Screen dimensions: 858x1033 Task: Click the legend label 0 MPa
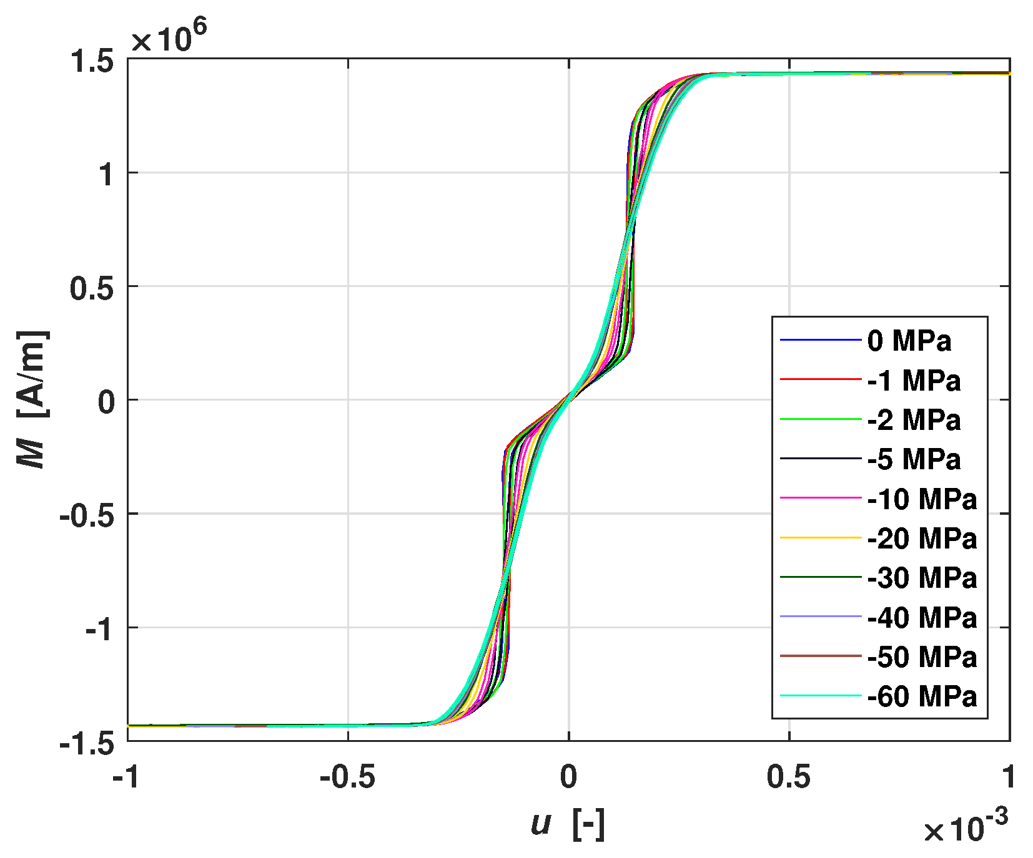(909, 341)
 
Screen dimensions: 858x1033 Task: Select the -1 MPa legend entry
(914, 381)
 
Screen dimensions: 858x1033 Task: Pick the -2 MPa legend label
(914, 420)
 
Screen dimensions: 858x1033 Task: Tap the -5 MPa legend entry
(914, 459)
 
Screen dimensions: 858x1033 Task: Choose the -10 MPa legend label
(922, 499)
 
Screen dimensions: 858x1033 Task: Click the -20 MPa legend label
(922, 539)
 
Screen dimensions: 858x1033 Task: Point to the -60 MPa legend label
(922, 696)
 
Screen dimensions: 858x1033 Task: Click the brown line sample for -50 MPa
(821, 656)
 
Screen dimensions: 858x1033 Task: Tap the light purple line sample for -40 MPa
(821, 617)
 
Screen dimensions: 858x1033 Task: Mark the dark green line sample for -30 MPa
(821, 578)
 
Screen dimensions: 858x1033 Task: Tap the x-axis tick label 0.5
(788, 778)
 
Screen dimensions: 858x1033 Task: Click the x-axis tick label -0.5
(347, 778)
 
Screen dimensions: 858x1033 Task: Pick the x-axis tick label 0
(568, 778)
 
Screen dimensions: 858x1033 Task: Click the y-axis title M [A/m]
(32, 399)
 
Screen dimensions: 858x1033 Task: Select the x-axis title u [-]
(568, 824)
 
